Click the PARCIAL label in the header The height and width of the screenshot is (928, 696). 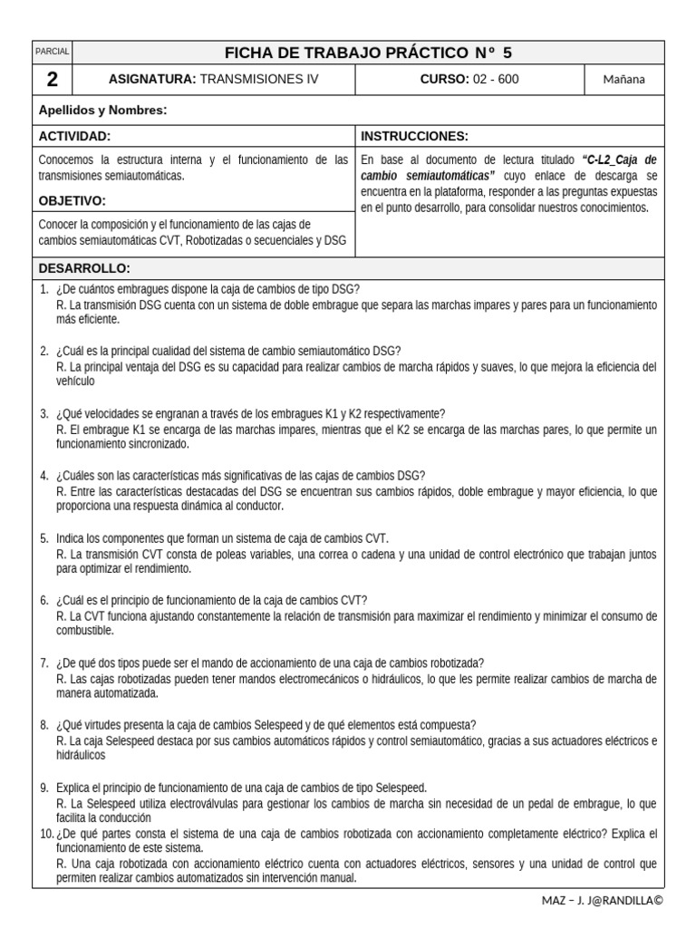[53, 53]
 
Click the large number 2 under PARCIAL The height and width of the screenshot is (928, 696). [53, 80]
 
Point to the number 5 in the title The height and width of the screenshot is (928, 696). [507, 53]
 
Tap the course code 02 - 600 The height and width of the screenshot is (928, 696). [495, 80]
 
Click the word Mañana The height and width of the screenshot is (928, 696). [624, 80]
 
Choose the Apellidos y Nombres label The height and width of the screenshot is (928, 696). [102, 110]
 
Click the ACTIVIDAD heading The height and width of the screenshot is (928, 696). [74, 137]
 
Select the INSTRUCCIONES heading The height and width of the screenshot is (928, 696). [414, 137]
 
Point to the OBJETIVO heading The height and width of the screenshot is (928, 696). [72, 200]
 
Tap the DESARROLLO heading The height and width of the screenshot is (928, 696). [84, 269]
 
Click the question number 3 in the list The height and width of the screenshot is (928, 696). [43, 414]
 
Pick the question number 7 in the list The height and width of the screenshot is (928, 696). [43, 662]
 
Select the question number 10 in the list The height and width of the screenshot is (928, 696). [45, 833]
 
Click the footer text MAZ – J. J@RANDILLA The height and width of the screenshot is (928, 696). [601, 900]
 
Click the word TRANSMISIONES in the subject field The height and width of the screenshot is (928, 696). [241, 80]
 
